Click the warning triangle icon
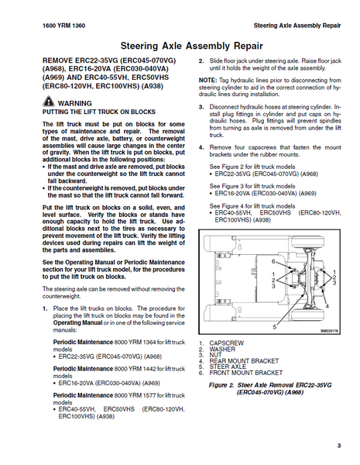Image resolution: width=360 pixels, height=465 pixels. coord(48,102)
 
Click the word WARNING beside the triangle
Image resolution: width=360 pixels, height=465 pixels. coord(74,104)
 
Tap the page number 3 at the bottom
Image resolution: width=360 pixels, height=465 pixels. coord(339,446)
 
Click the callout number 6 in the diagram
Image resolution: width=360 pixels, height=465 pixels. coord(273,261)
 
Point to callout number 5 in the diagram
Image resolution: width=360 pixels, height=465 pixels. coord(275,327)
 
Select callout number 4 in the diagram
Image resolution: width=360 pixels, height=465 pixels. coord(327,306)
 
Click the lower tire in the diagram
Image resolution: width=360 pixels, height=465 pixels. coord(307,315)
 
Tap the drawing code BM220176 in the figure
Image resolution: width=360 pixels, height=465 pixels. coord(329,331)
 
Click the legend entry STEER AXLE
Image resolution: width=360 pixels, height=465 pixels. coord(228,367)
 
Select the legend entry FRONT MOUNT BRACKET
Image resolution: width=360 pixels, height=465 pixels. coord(246,373)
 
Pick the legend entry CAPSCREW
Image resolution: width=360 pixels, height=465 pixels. coord(227,343)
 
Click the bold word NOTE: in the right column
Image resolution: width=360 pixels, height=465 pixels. coord(207,81)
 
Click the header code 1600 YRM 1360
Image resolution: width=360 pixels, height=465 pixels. coord(63,26)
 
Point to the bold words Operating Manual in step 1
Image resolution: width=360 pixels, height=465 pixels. coord(77,322)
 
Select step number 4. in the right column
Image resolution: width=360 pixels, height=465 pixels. coord(201,147)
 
